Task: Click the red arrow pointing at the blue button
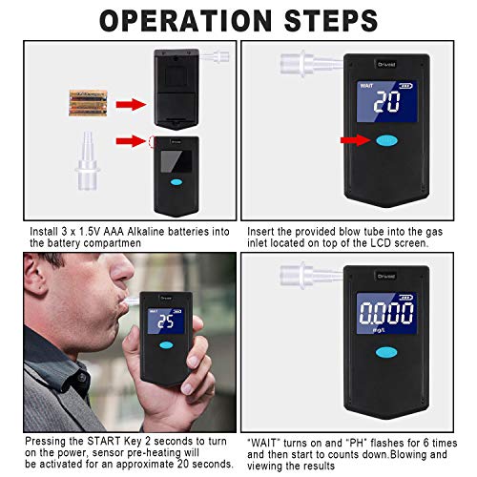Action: tap(354, 140)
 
